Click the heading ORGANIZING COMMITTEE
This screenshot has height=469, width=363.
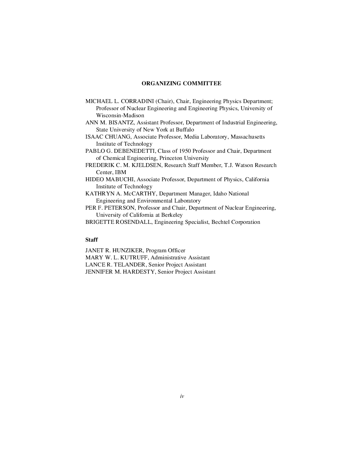[181, 83]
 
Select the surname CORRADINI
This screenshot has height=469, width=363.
[137, 101]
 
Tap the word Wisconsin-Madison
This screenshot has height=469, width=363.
[120, 115]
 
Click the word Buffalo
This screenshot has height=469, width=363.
[185, 130]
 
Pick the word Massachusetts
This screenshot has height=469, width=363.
[248, 137]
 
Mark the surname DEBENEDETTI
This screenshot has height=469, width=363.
[134, 151]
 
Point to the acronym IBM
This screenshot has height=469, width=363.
[121, 172]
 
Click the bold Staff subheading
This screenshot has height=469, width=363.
[91, 240]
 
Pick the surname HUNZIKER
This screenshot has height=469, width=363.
[127, 250]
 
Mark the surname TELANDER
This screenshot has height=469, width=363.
[130, 265]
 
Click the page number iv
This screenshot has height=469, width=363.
[182, 396]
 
